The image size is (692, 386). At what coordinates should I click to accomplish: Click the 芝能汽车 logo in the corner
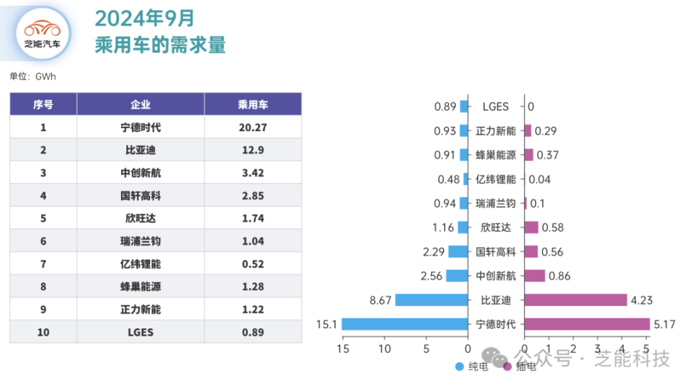tap(43, 33)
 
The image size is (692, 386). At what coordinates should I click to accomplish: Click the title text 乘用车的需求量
tap(160, 45)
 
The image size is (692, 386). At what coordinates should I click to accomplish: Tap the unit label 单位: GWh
tap(32, 76)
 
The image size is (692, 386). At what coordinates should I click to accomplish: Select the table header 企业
tap(141, 104)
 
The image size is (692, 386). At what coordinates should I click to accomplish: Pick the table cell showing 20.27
tap(252, 127)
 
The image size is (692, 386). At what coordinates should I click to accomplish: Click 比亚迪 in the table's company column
tap(141, 151)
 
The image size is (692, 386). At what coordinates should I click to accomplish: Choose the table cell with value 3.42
tap(252, 173)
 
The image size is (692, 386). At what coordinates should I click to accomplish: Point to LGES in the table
tap(141, 332)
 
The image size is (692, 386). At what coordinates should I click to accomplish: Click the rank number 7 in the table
tap(43, 264)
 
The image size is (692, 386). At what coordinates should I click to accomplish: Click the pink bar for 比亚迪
tap(575, 300)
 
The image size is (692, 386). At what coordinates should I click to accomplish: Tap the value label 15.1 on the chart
tap(325, 324)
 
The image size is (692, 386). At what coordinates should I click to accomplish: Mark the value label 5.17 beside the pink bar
tap(665, 324)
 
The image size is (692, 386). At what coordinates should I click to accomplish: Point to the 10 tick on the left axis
tap(384, 350)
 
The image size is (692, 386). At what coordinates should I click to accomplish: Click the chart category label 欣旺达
tap(495, 228)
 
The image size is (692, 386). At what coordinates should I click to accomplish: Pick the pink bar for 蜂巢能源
tap(528, 155)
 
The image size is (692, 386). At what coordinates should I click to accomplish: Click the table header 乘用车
tap(252, 104)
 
